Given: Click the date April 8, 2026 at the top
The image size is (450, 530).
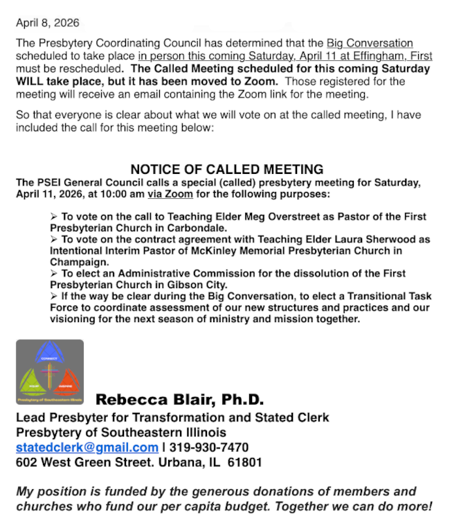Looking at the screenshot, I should pyautogui.click(x=47, y=23).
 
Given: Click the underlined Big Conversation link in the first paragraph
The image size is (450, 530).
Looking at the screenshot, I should pyautogui.click(x=370, y=44).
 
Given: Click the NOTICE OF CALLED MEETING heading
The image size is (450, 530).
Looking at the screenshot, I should pyautogui.click(x=226, y=170).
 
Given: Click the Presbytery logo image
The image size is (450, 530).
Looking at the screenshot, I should pyautogui.click(x=50, y=372).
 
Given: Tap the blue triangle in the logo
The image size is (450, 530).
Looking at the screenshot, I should pyautogui.click(x=50, y=354).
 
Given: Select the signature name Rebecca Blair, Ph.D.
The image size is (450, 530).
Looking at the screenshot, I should pyautogui.click(x=179, y=400).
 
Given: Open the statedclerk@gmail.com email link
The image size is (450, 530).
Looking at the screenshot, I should pyautogui.click(x=87, y=448).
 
